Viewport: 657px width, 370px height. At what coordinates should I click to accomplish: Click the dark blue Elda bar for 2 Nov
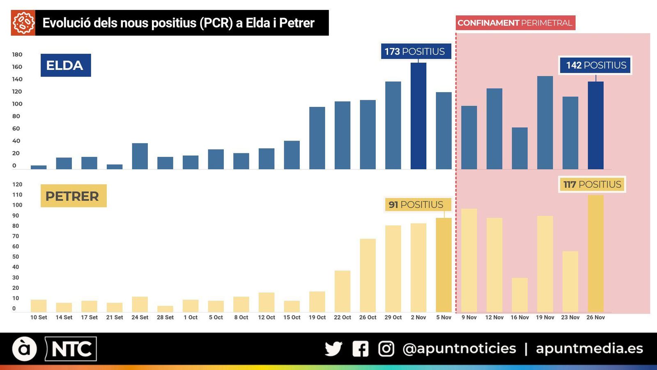[x=418, y=116]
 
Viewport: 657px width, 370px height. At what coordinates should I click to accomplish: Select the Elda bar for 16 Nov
[x=519, y=148]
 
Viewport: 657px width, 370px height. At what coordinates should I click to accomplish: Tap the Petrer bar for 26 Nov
[x=595, y=253]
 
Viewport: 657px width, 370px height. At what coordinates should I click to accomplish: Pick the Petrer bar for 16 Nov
[x=519, y=295]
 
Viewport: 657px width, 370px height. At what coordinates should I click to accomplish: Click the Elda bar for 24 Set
[x=140, y=156]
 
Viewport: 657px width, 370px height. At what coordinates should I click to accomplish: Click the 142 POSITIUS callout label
[x=596, y=65]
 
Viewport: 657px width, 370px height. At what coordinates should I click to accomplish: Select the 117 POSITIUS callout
[x=592, y=184]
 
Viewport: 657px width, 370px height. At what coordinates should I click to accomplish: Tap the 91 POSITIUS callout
[x=416, y=205]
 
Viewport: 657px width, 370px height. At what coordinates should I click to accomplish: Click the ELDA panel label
[x=65, y=65]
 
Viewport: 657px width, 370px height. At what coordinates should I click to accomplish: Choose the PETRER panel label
[x=73, y=196]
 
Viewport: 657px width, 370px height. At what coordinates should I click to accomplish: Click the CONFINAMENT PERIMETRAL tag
[x=515, y=23]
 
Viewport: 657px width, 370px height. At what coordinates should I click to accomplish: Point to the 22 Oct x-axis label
[x=342, y=317]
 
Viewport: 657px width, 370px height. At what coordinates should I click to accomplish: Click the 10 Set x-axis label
[x=39, y=317]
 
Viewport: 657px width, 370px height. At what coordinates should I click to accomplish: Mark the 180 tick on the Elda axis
[x=17, y=55]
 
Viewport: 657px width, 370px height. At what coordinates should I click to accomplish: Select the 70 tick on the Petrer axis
[x=16, y=236]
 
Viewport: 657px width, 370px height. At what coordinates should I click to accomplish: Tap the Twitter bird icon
[x=333, y=349]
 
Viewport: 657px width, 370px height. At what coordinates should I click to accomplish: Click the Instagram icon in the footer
[x=386, y=349]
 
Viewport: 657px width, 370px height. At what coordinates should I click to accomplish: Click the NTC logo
[x=71, y=349]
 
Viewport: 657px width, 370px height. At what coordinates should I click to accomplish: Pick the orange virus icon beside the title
[x=23, y=23]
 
